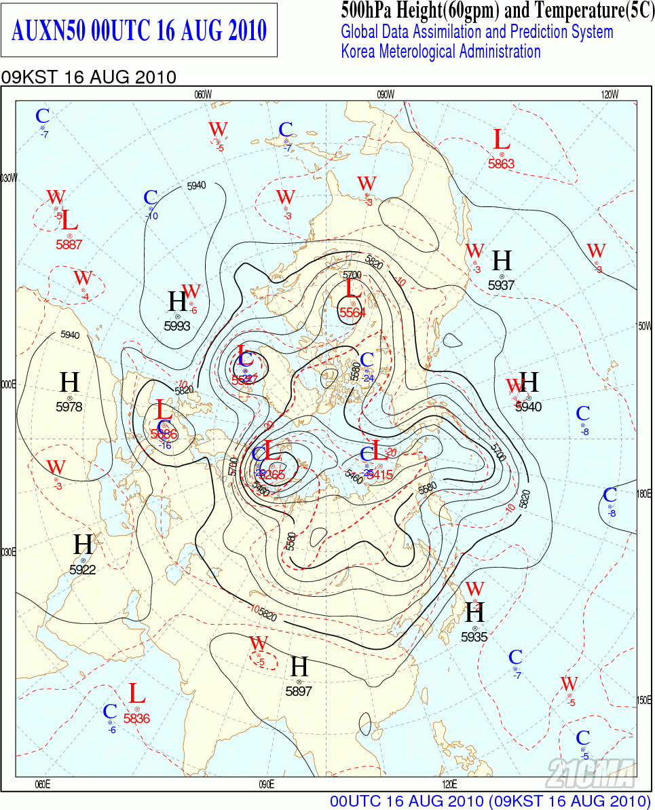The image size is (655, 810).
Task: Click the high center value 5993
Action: (x=177, y=326)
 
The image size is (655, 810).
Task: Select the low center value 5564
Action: (x=353, y=313)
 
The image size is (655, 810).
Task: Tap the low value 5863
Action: (x=502, y=164)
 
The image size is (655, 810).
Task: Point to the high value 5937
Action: (x=502, y=286)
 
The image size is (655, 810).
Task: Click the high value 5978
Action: (x=69, y=407)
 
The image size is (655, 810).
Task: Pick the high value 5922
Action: (x=83, y=570)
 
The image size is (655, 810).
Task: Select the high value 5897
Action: (x=299, y=691)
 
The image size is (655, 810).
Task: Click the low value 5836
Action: (x=137, y=718)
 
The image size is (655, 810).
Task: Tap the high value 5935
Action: (x=474, y=638)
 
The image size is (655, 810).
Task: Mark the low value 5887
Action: (x=69, y=245)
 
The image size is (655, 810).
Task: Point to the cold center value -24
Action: (x=369, y=378)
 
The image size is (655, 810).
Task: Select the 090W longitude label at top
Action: (x=386, y=95)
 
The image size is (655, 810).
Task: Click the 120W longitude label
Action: (x=610, y=95)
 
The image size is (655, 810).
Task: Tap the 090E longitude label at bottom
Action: (x=266, y=785)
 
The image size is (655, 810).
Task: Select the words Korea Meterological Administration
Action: (x=441, y=52)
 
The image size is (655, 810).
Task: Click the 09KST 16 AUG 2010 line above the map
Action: (x=89, y=77)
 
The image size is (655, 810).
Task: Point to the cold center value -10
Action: (x=151, y=217)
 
